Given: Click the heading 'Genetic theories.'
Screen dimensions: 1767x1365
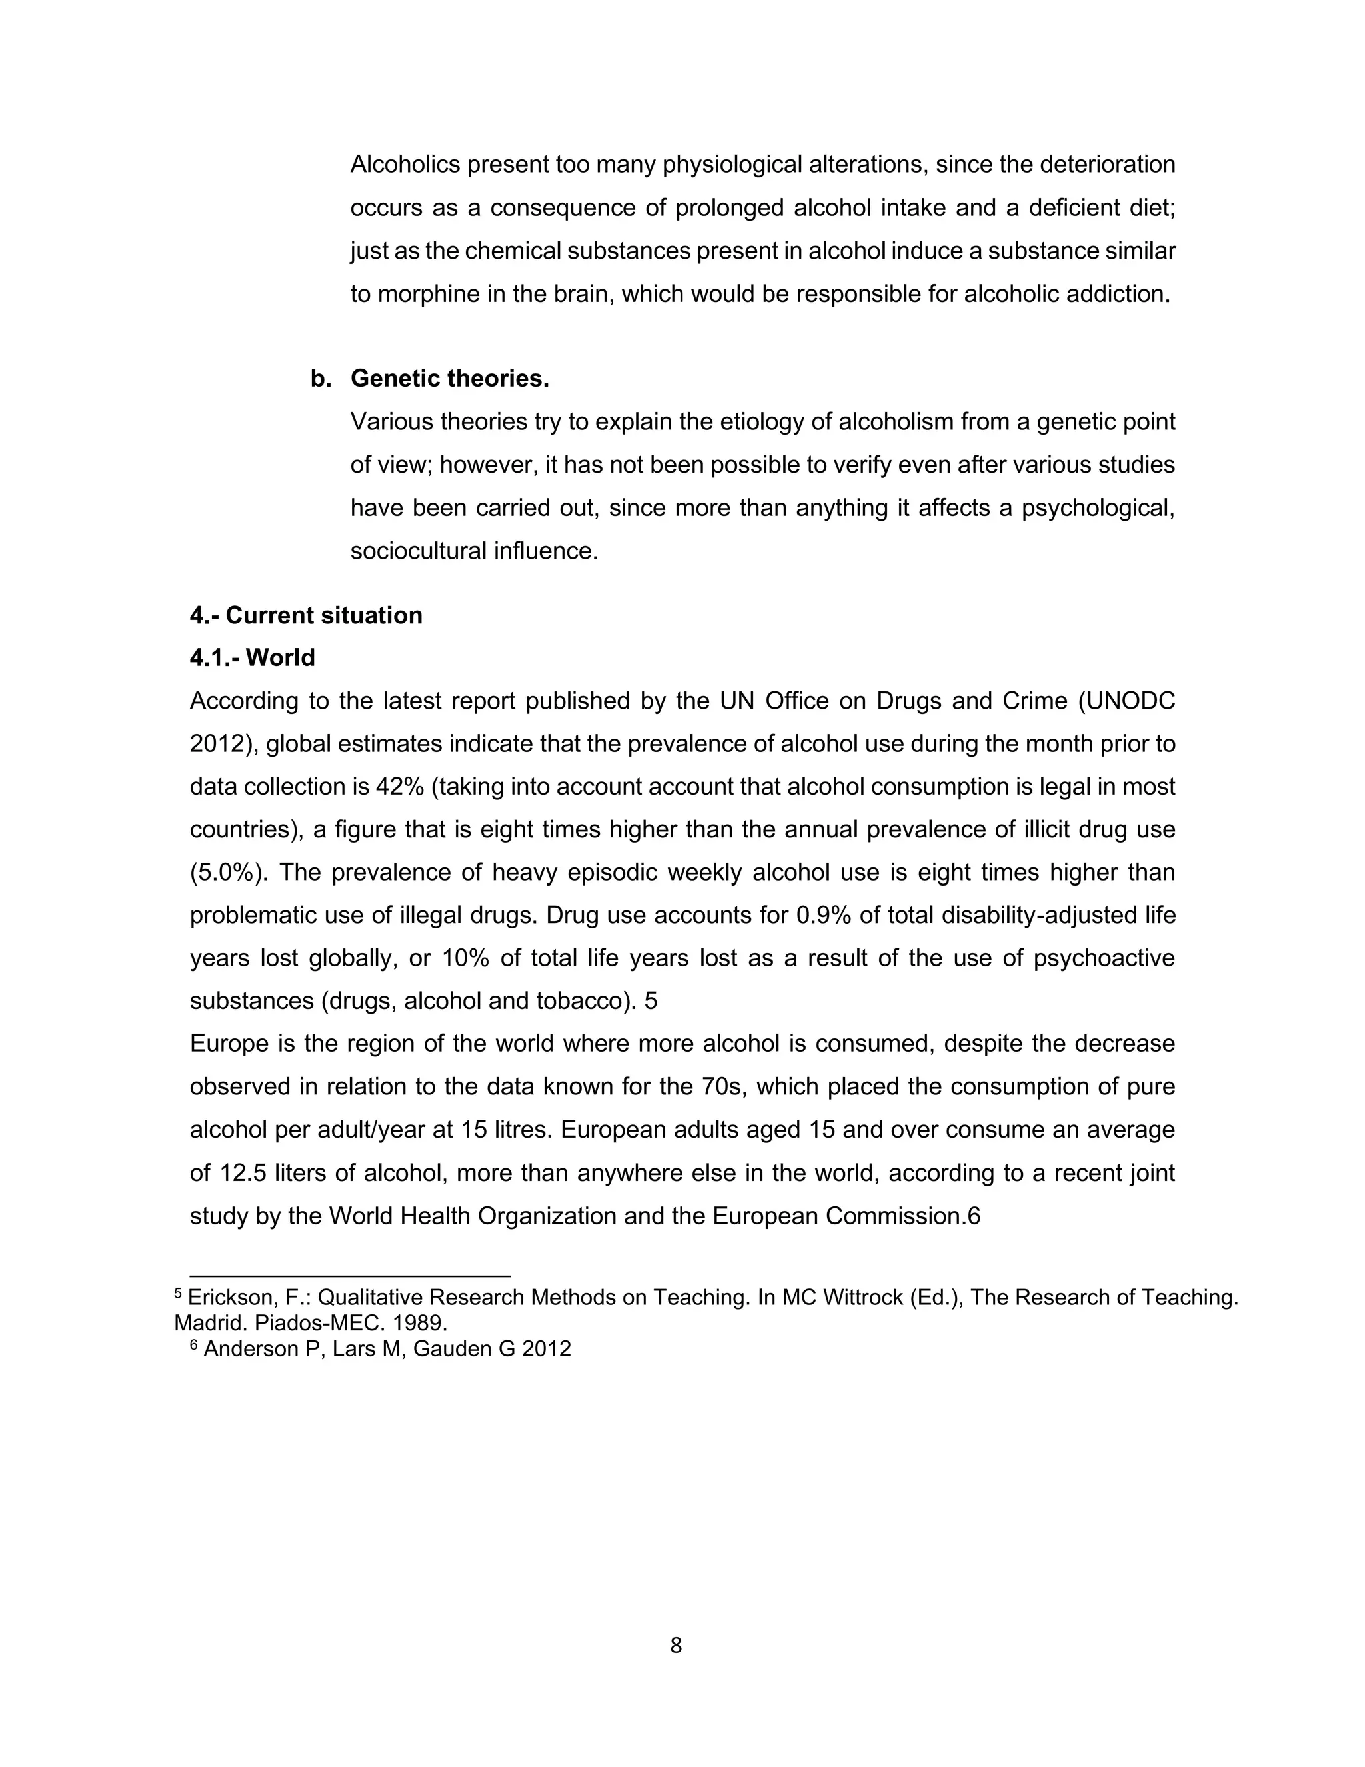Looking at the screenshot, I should point(450,379).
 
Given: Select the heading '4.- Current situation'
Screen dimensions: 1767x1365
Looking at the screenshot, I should point(306,615).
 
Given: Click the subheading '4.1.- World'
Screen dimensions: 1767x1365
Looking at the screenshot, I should point(253,657).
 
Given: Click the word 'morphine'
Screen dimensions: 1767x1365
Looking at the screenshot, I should point(429,293).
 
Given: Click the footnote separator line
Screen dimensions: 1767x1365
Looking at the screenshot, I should point(349,1276).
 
